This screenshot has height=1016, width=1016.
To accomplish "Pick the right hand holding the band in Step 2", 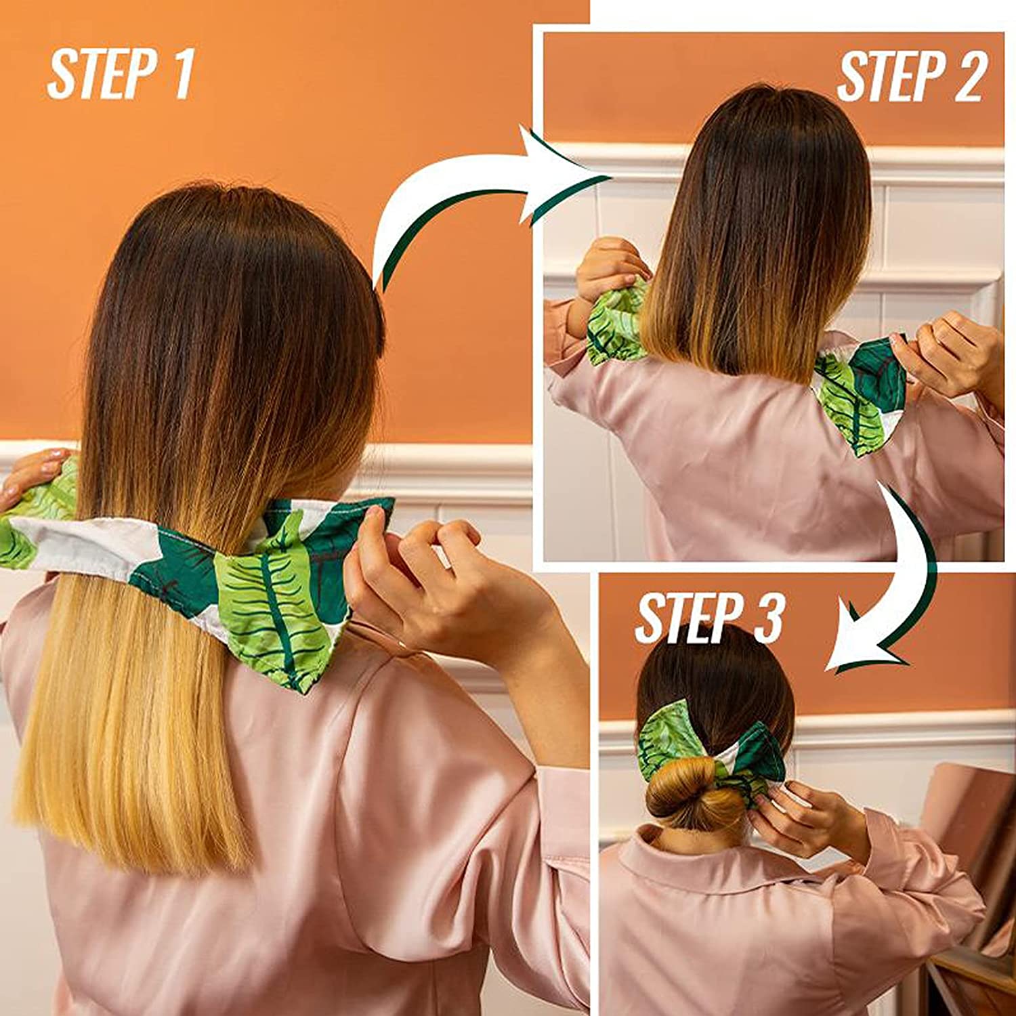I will coord(948,356).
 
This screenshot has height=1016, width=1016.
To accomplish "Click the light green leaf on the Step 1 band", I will coord(271,596).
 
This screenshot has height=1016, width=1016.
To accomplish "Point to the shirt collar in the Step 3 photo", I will coord(671,860).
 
